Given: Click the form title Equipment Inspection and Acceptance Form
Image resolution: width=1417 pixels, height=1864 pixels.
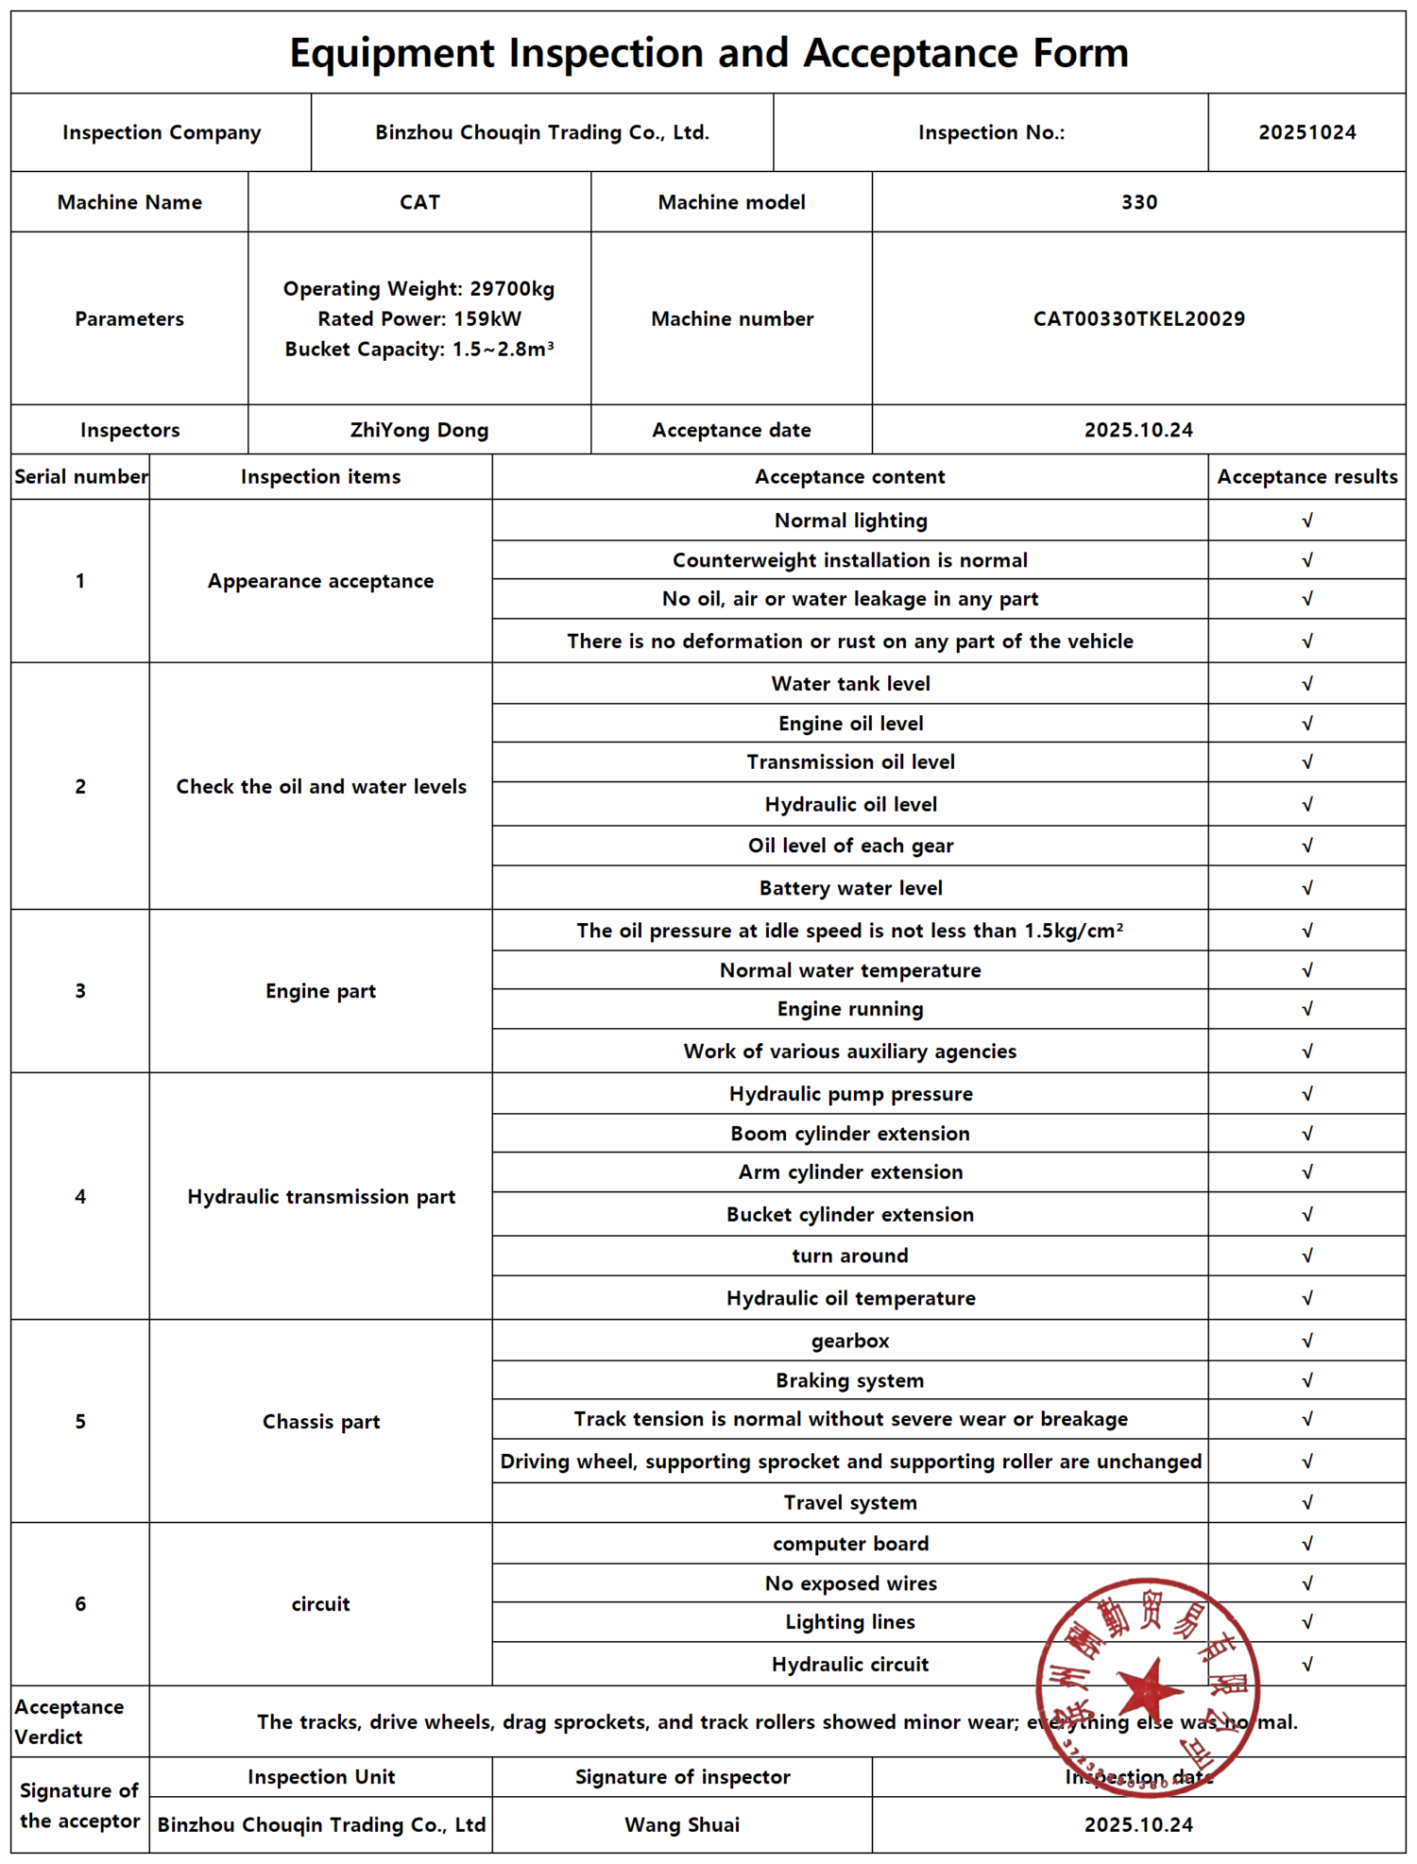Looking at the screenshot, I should [x=708, y=53].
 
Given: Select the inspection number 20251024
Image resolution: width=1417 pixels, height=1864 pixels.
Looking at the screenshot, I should [x=1306, y=132].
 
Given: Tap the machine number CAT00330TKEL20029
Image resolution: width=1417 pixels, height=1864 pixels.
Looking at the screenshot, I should [x=1138, y=318].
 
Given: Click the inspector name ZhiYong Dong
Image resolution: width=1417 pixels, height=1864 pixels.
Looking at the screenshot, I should [x=419, y=430].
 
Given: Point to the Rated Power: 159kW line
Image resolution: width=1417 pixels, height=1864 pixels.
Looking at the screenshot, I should [x=419, y=318].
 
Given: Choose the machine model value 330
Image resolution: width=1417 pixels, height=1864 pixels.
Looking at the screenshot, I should [x=1138, y=202].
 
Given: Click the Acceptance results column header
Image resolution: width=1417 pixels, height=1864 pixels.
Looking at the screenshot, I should [x=1306, y=477].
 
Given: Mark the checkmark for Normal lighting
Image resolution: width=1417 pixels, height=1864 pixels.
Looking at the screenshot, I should [x=1306, y=521].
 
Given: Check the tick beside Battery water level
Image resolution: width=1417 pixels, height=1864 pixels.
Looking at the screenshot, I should [x=1306, y=888].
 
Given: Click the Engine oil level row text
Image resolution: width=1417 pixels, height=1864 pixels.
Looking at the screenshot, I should [x=850, y=724].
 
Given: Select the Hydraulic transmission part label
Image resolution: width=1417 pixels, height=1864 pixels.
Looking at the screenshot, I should [x=321, y=1197].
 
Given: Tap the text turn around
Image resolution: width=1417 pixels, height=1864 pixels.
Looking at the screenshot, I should [x=850, y=1256].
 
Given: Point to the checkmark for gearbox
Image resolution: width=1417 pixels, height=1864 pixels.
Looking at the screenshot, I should [x=1306, y=1341].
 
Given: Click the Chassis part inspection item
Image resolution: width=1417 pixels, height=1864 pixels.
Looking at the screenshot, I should [x=321, y=1422].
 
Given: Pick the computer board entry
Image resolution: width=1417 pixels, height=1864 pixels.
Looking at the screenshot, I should [x=850, y=1544].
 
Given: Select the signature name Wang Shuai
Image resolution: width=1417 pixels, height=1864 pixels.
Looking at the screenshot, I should [x=682, y=1824].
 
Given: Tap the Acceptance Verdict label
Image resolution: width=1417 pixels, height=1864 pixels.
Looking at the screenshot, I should [x=69, y=1721].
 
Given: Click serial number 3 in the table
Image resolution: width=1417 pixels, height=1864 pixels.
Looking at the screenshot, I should [x=80, y=991].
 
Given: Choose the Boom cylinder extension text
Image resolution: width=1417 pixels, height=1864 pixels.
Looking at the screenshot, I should [x=850, y=1134].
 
